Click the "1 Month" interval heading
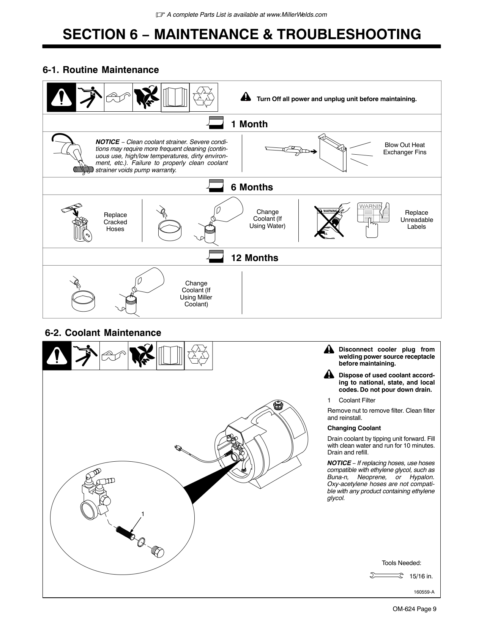(x=249, y=124)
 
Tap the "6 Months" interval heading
(x=252, y=187)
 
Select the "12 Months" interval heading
(x=254, y=258)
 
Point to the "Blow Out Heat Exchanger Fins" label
(x=405, y=149)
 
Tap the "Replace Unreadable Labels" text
(x=416, y=220)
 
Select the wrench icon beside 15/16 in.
(x=386, y=576)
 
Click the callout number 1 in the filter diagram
(x=143, y=514)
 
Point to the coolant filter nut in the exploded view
(x=158, y=551)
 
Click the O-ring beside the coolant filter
(x=141, y=541)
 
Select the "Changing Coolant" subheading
(x=354, y=428)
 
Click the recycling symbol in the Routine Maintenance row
(x=204, y=97)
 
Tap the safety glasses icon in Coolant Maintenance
(x=114, y=356)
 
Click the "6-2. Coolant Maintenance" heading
(x=103, y=333)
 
